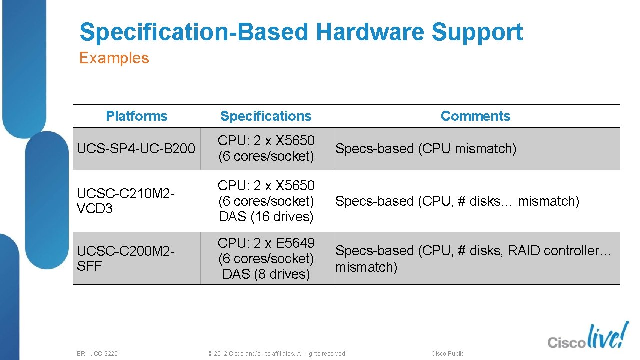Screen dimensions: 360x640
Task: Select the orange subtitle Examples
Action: click(114, 58)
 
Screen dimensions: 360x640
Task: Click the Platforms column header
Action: click(136, 116)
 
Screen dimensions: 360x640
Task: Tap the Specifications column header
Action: click(266, 116)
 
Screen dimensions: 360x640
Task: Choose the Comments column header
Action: click(475, 116)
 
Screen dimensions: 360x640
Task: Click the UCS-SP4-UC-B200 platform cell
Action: click(136, 149)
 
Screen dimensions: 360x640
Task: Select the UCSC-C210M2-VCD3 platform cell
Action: click(125, 201)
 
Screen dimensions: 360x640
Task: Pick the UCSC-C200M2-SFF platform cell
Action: click(125, 258)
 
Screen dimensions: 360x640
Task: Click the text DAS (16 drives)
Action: click(266, 217)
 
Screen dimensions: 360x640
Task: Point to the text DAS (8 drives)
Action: click(266, 274)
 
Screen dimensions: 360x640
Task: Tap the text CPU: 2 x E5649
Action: click(266, 243)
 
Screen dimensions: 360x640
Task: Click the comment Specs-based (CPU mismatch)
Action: click(425, 149)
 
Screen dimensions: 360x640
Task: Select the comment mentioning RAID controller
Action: click(473, 258)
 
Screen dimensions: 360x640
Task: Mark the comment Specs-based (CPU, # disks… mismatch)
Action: click(457, 201)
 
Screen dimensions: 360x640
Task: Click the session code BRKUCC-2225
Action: click(97, 353)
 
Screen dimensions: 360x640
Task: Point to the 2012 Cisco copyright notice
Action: click(277, 353)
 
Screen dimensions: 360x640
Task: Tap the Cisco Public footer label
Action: click(447, 353)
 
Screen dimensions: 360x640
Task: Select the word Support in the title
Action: click(477, 32)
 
